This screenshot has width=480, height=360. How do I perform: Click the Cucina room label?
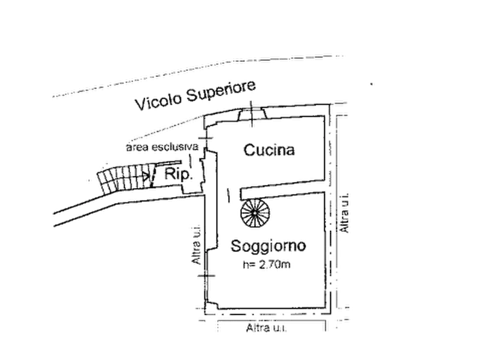[269, 150]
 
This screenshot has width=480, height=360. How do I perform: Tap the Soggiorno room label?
[268, 246]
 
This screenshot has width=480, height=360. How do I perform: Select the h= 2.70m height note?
[266, 264]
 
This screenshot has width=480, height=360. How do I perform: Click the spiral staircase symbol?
[255, 213]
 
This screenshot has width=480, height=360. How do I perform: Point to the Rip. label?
[178, 175]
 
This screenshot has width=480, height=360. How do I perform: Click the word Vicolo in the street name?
[159, 100]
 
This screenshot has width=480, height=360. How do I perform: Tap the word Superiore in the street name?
[221, 90]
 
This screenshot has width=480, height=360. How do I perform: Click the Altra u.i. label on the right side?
[345, 213]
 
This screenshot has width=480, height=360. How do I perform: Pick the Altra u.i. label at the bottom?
[266, 328]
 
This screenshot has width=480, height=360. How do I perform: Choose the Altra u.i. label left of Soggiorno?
[196, 244]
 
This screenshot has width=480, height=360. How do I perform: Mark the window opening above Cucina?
[253, 114]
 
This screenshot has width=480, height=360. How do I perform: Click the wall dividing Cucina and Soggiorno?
[282, 190]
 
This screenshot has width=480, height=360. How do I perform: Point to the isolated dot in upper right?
[371, 84]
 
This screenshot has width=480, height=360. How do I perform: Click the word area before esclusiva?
[138, 147]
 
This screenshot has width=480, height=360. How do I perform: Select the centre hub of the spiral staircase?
[255, 213]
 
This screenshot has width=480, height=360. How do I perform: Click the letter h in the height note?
[245, 264]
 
